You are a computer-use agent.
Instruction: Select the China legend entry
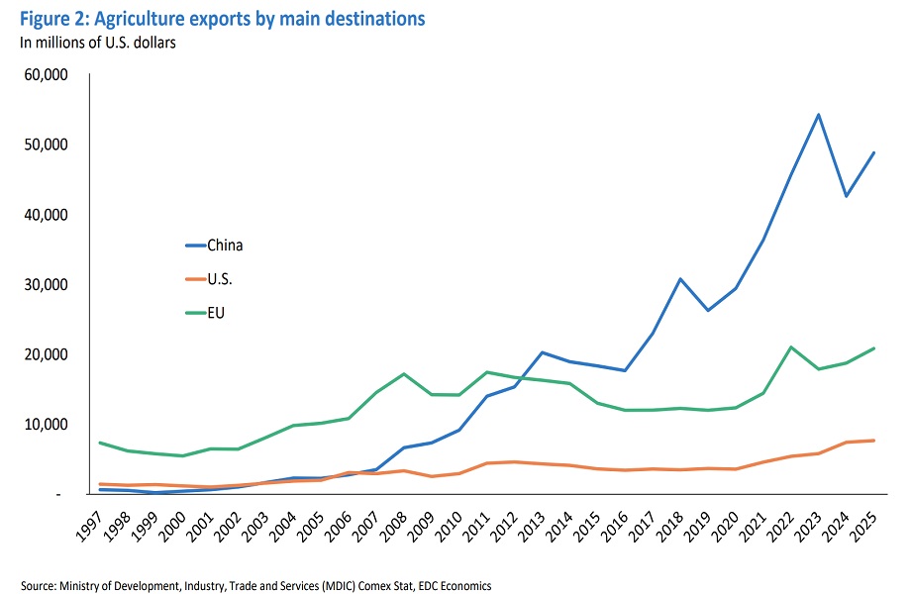[225, 246]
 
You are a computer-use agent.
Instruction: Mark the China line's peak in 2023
[818, 114]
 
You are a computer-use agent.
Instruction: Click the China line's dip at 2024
[846, 196]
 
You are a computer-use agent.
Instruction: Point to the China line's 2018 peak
[679, 278]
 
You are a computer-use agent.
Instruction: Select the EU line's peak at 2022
[790, 346]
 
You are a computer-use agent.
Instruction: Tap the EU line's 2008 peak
[376, 373]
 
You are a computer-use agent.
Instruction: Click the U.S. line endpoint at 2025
[873, 441]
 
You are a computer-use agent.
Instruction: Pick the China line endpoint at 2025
[873, 152]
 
